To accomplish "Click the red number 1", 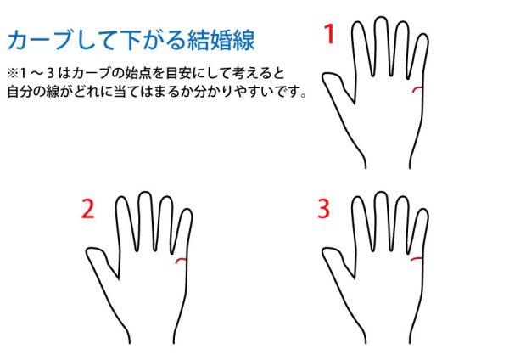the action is (x=329, y=34).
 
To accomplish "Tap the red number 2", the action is (x=87, y=209).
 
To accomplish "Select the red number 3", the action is (x=324, y=209).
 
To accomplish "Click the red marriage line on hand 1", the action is (x=417, y=88).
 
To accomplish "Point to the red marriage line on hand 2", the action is (x=181, y=259).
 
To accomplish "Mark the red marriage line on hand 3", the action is (x=417, y=259).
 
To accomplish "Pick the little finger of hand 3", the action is (x=421, y=230).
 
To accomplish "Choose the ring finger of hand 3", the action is (x=401, y=224).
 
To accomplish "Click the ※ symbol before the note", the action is (x=13, y=73).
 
